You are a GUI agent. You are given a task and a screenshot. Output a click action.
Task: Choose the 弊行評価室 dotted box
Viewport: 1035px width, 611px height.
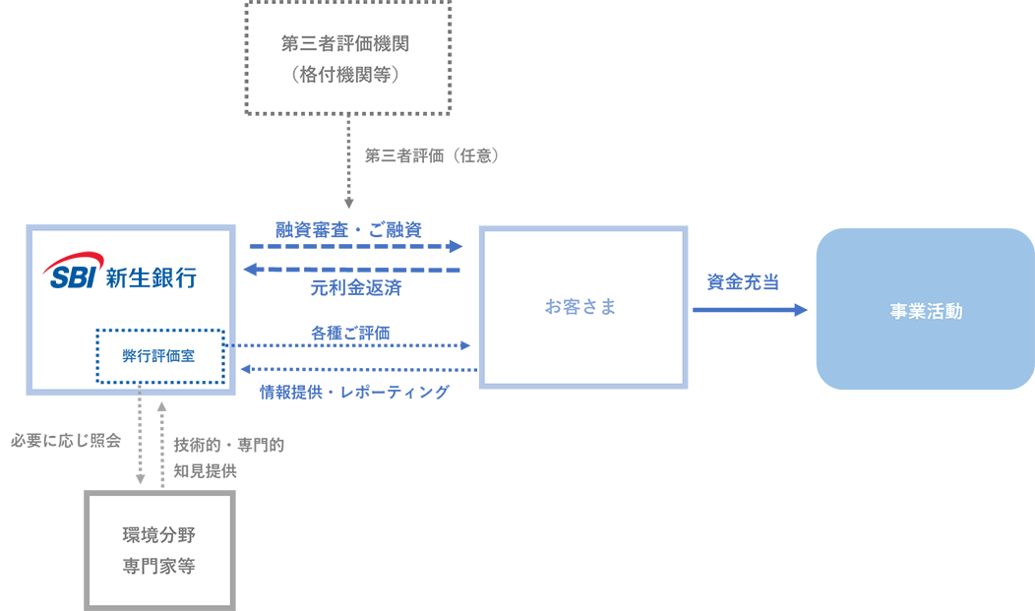(159, 355)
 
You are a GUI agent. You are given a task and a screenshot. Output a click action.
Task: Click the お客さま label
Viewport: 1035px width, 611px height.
(581, 307)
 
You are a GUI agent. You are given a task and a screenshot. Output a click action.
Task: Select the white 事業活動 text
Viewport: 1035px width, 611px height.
(925, 313)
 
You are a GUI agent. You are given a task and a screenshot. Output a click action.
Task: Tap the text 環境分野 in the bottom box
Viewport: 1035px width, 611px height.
(158, 535)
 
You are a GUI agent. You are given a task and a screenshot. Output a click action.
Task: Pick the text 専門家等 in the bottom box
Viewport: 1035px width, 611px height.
(158, 568)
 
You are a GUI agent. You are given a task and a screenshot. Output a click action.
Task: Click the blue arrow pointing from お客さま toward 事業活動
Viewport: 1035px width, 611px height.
(748, 305)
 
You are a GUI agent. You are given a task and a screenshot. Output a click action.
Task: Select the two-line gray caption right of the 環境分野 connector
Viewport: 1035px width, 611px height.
(226, 455)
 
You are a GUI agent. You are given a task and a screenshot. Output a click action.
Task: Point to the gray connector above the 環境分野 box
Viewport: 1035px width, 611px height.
(145, 443)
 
